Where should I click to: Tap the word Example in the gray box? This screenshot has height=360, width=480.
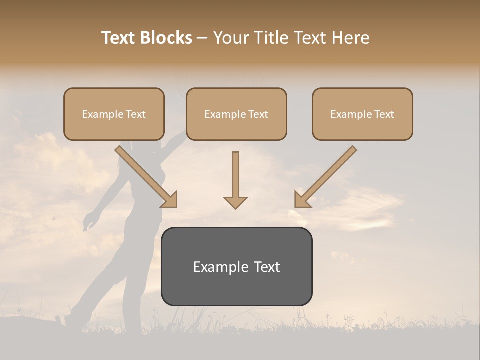[221, 267]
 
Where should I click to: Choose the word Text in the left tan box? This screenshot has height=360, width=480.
[136, 114]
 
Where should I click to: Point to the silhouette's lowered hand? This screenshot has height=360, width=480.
[88, 222]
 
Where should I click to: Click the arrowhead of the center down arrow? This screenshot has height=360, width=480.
[235, 202]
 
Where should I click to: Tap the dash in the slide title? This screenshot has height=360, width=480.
[202, 38]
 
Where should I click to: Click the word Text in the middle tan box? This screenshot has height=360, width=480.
[258, 114]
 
